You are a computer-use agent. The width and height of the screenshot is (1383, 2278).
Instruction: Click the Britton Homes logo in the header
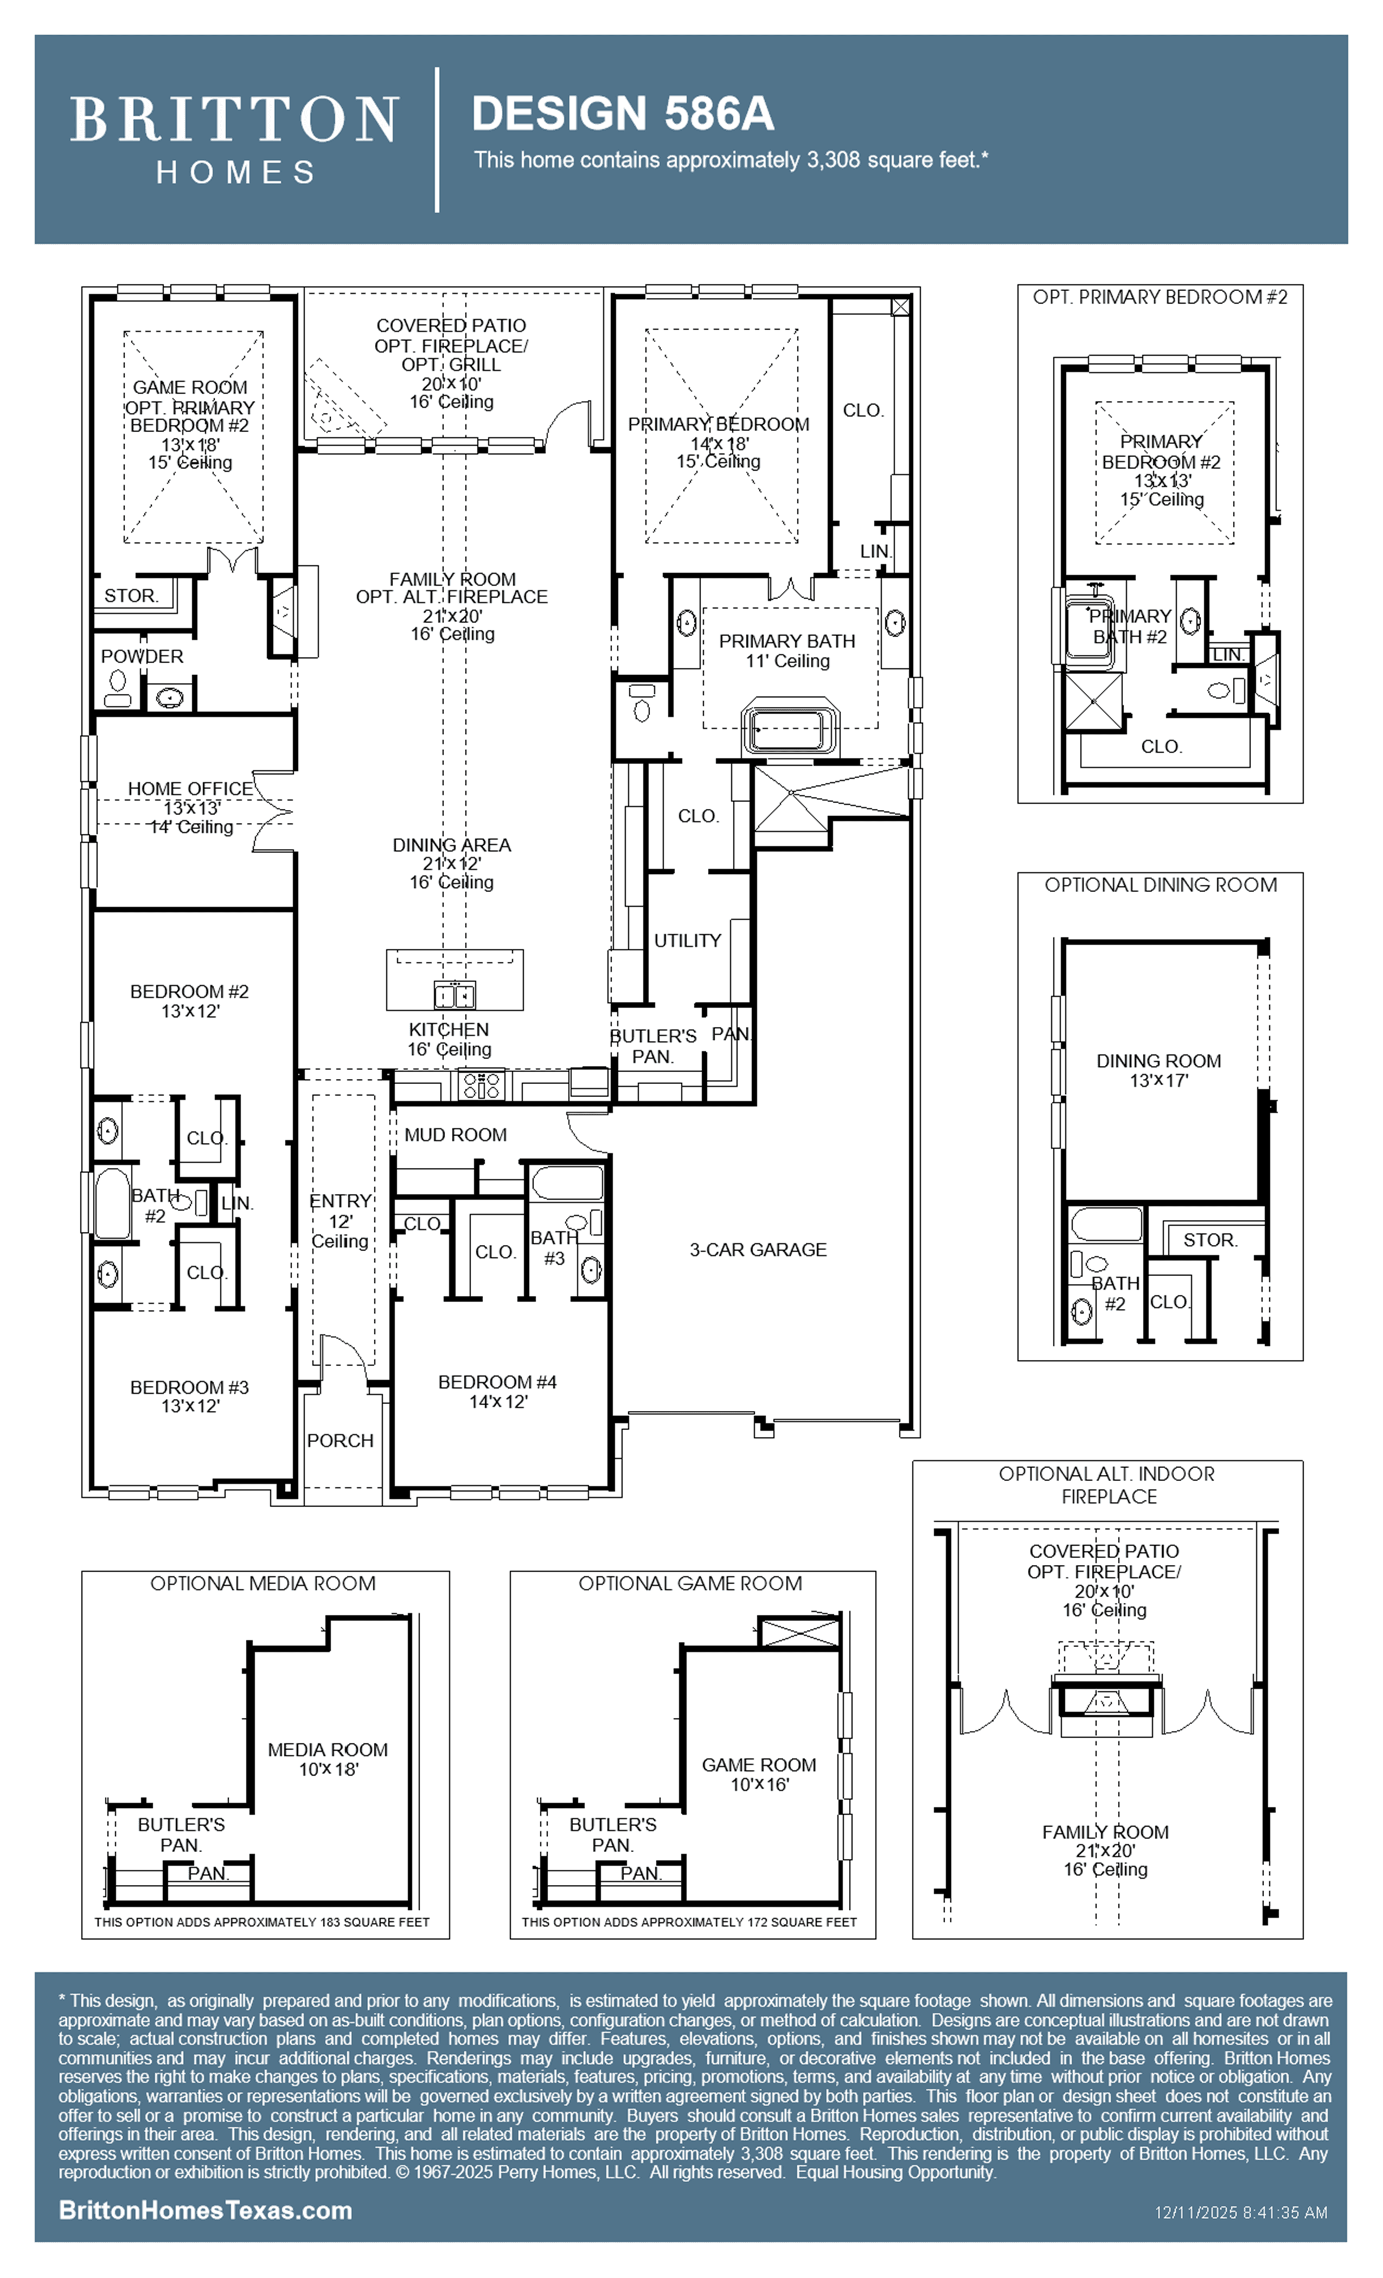(x=235, y=139)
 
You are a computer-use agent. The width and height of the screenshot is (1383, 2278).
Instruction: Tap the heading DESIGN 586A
(x=622, y=114)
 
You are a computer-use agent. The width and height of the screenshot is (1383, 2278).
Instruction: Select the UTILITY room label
(x=687, y=940)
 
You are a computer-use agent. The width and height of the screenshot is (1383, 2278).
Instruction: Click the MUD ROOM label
(x=455, y=1134)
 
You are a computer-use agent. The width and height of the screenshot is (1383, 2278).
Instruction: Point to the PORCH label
(x=340, y=1441)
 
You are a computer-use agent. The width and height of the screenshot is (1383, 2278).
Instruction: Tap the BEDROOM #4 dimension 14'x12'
(x=497, y=1402)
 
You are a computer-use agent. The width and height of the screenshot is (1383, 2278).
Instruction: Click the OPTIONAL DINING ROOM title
(x=1160, y=885)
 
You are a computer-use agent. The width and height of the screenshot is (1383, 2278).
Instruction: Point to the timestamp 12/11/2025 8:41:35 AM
(x=1241, y=2212)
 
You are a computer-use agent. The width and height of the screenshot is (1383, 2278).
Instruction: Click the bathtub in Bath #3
(x=566, y=1182)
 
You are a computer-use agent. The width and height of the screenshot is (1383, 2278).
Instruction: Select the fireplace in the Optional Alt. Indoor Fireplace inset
(x=1105, y=1701)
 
